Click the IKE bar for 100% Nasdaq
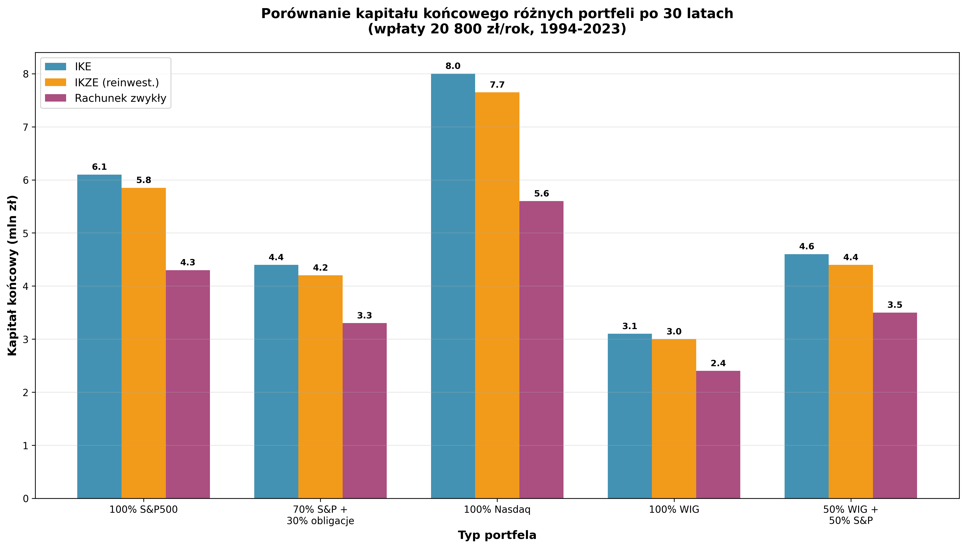tap(453, 286)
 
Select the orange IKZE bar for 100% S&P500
tap(143, 343)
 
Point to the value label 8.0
tap(453, 66)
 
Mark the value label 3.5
tap(895, 305)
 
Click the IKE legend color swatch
tap(55, 67)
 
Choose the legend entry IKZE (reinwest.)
tap(117, 82)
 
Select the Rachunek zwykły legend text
tap(120, 98)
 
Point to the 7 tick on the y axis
tap(26, 127)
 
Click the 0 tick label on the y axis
tap(26, 499)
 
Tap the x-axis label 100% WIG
tap(674, 510)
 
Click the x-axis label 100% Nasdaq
tap(497, 510)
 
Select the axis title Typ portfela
tap(497, 535)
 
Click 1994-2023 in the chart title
tap(580, 29)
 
